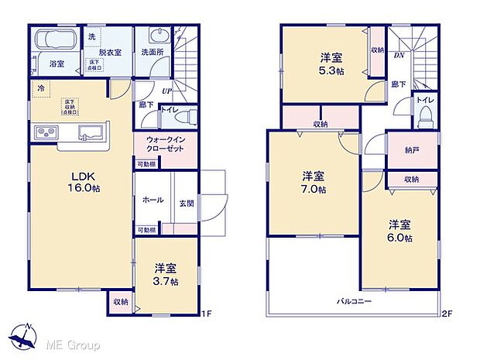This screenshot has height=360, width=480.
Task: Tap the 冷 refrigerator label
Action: click(40, 89)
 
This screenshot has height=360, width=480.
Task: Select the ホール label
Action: click(153, 199)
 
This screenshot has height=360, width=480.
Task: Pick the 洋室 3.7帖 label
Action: click(165, 274)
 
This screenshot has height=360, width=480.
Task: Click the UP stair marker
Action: click(166, 91)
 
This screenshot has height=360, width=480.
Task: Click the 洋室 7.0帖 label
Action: click(314, 181)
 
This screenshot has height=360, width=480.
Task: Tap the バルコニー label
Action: click(354, 300)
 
